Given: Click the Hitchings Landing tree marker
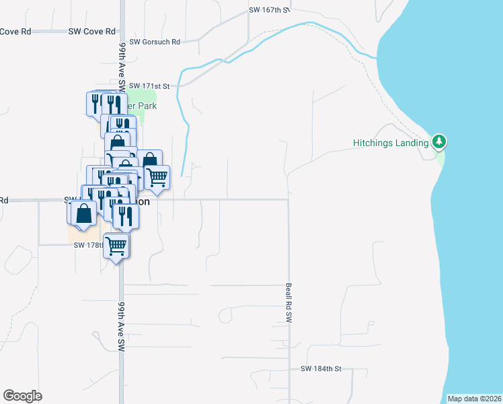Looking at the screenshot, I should (x=439, y=141).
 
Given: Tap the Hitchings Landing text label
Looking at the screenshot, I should (x=391, y=143).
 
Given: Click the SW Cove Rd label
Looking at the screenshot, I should (x=91, y=32).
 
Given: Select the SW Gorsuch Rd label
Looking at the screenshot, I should (x=155, y=42).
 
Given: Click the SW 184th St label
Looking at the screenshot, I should (x=321, y=369).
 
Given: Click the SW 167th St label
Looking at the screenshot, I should (x=269, y=10).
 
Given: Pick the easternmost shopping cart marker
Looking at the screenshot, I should (x=157, y=177).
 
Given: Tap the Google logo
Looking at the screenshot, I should (x=22, y=396).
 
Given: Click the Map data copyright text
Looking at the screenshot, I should (x=474, y=399).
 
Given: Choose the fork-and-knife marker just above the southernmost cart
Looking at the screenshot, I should (x=125, y=217).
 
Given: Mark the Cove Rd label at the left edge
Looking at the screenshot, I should (x=15, y=32).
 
